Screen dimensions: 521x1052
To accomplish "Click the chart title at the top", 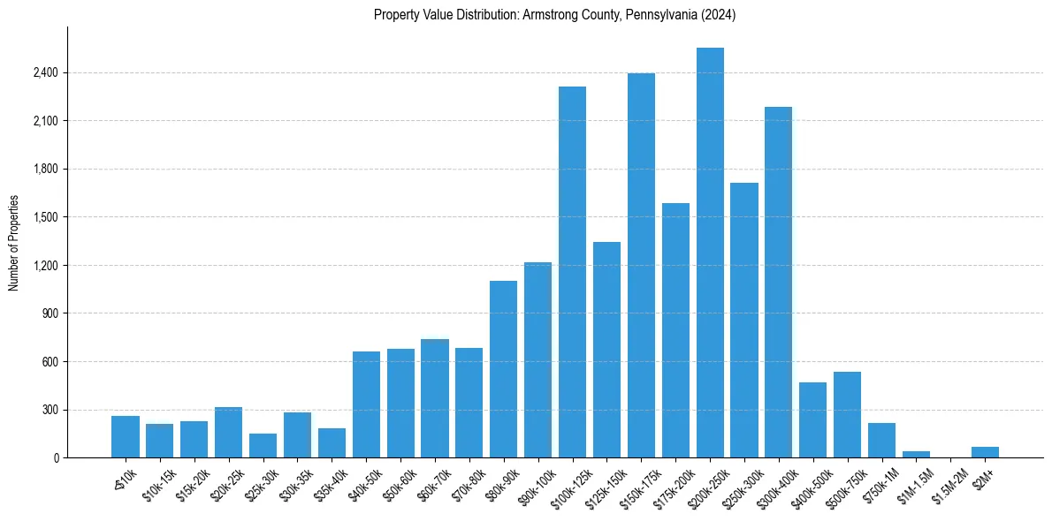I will coord(554,15).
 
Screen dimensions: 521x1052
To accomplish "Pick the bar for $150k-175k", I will coord(641,265).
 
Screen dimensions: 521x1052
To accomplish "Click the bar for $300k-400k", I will coord(779,283).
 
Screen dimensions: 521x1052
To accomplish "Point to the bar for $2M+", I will coord(985,452).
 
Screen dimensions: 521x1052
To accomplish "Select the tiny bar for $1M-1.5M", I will coord(916,454).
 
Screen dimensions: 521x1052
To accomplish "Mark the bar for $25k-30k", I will coord(263,445).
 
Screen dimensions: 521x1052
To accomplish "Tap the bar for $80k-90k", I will coord(503,369).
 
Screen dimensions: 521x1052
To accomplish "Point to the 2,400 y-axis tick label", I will coord(45,72).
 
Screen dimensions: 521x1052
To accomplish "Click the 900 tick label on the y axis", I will coord(50,313).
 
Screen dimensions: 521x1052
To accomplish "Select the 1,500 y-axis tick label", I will coord(45,217).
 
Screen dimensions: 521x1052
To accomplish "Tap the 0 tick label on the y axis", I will coord(56,458).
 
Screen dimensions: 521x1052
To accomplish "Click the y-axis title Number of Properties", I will coord(14,242).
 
